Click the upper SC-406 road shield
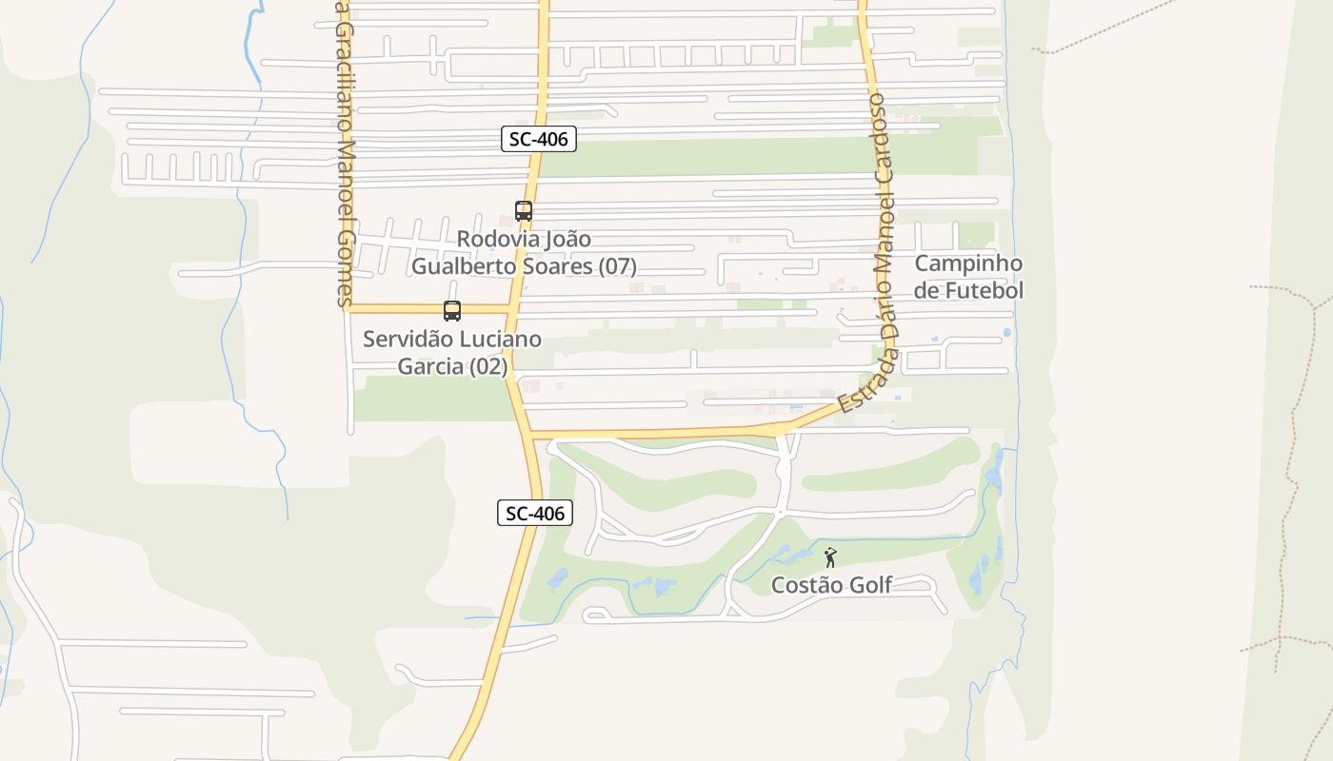pyautogui.click(x=539, y=139)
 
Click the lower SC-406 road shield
pyautogui.click(x=535, y=514)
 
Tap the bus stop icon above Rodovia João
pyautogui.click(x=523, y=211)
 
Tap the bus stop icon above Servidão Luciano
pyautogui.click(x=452, y=311)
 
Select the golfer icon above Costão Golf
pyautogui.click(x=830, y=557)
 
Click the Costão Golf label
pyautogui.click(x=831, y=585)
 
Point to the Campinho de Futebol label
pyautogui.click(x=968, y=277)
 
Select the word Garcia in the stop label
pyautogui.click(x=431, y=366)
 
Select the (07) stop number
pyautogui.click(x=618, y=266)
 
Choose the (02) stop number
pyautogui.click(x=488, y=366)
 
